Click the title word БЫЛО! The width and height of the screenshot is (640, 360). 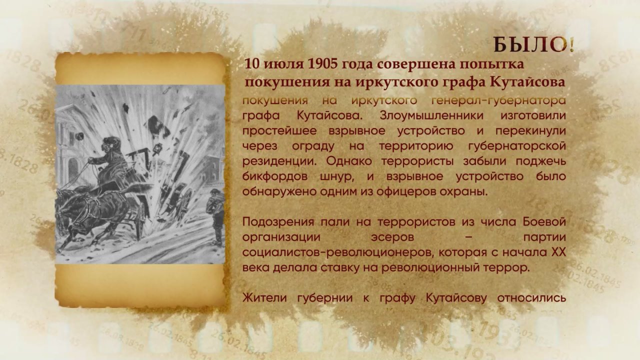[x=533, y=45]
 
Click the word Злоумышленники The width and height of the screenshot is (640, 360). [x=431, y=116]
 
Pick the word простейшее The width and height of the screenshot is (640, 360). [x=279, y=131]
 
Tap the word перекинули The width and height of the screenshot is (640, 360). [x=530, y=131]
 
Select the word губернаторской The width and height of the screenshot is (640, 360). [x=517, y=146]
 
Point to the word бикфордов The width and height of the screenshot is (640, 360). [x=275, y=176]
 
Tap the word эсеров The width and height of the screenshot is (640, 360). [x=392, y=237]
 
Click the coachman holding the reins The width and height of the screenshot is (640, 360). [x=110, y=160]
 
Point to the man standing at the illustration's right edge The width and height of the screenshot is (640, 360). [x=216, y=214]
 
